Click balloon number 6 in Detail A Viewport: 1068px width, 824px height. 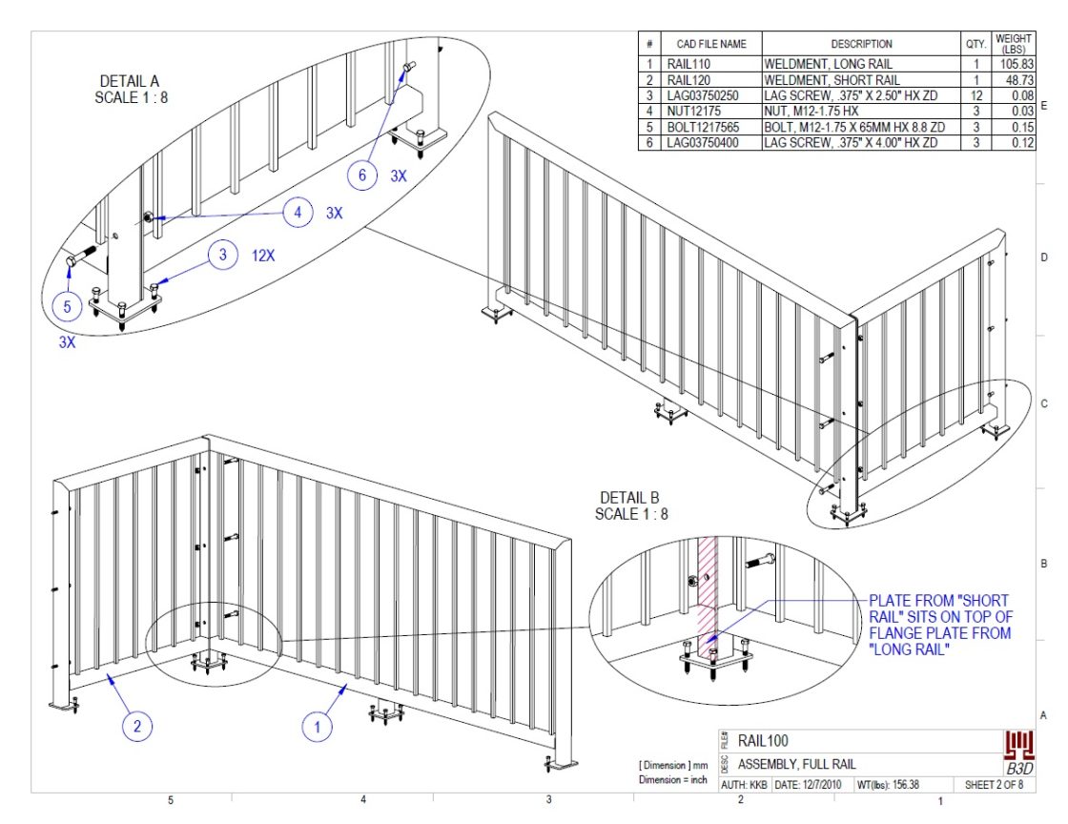click(x=360, y=174)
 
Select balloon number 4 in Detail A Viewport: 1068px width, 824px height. click(x=298, y=214)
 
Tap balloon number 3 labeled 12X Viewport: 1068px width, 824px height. click(x=222, y=256)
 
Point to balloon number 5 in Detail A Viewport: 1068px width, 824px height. click(x=67, y=307)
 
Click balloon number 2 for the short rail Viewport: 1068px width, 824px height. click(x=137, y=727)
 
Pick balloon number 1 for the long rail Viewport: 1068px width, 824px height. click(x=318, y=727)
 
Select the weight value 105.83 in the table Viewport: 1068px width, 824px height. click(x=1013, y=63)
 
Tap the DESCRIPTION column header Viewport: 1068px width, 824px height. click(x=860, y=44)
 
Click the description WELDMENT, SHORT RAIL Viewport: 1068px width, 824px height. click(x=831, y=79)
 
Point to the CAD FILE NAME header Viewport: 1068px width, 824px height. click(x=711, y=44)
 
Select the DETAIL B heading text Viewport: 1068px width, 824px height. click(x=629, y=506)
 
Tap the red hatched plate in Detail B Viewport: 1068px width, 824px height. click(x=708, y=591)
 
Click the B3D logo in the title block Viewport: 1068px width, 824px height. click(x=1020, y=752)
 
